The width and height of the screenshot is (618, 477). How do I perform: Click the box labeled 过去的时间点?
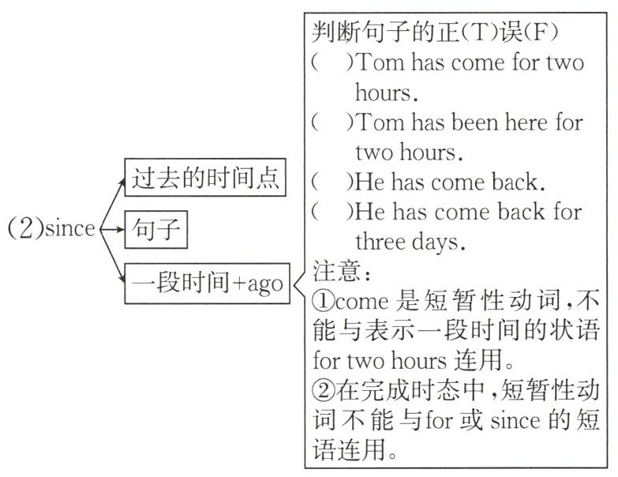(204, 179)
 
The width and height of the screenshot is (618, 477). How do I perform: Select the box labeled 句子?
(155, 230)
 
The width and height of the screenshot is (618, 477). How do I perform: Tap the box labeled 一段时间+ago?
(204, 282)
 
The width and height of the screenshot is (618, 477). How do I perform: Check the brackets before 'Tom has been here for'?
(333, 122)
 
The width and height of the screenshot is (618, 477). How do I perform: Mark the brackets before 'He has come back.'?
(333, 182)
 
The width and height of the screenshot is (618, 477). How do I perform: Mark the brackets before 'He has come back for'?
(333, 212)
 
